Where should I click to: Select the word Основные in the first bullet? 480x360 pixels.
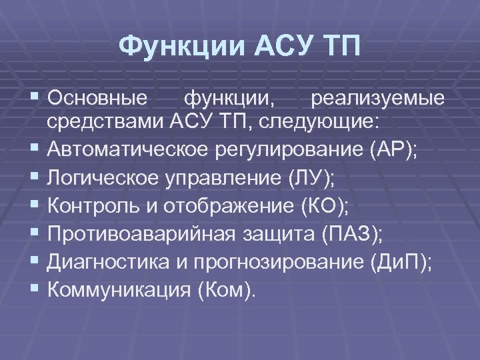coord(107,99)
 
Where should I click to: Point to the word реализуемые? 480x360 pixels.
coord(377,99)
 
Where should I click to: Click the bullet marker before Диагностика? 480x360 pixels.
coord(54,262)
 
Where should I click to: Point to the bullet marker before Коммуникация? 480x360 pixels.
coord(54,291)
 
